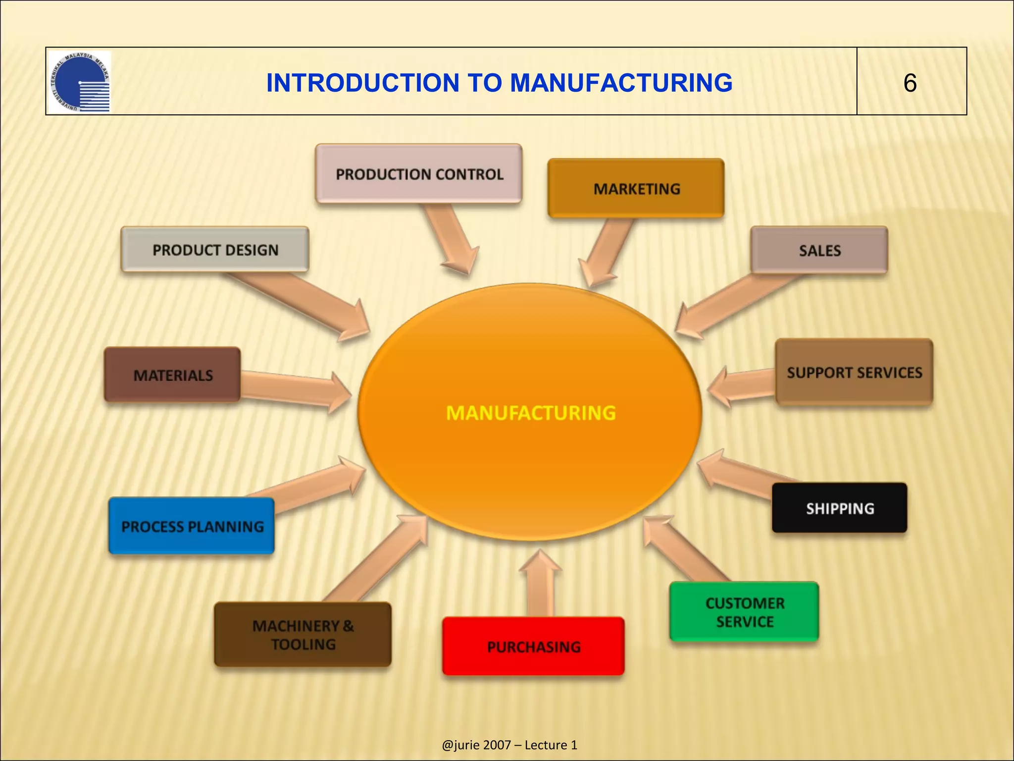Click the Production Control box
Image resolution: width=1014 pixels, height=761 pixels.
point(419,174)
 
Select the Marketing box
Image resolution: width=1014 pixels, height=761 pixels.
point(636,189)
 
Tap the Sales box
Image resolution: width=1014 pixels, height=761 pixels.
point(819,250)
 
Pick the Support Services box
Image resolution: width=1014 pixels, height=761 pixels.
point(854,373)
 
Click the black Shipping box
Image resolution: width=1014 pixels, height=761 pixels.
point(840,508)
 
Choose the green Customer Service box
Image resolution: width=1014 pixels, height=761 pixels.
point(744,612)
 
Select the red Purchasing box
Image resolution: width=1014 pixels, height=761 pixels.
point(533,647)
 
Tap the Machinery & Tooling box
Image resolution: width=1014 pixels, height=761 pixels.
point(303,635)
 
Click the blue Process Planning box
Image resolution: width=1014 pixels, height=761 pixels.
point(192,526)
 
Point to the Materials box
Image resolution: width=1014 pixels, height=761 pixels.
point(173,375)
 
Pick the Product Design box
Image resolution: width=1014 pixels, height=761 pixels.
point(215,250)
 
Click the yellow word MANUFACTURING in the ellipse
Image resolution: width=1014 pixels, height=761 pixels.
point(531,413)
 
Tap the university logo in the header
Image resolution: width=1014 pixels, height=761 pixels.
point(80,82)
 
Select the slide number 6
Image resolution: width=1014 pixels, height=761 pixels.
point(910,83)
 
